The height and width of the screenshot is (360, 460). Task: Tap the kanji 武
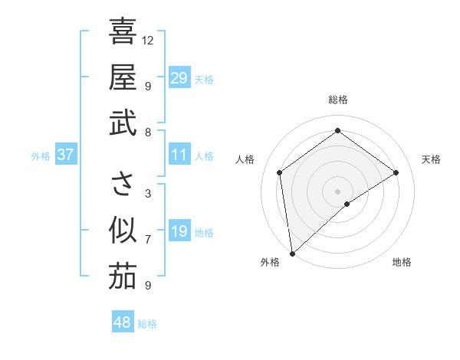(x=123, y=123)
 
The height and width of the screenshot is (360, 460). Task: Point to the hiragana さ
(x=123, y=184)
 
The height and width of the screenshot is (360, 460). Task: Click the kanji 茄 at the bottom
(x=123, y=277)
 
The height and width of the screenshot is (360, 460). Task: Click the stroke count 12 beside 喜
(x=148, y=40)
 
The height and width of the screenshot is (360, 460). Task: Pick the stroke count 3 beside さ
(x=148, y=193)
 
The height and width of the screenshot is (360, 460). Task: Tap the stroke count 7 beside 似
(x=148, y=239)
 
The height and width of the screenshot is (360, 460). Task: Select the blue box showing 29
(x=179, y=78)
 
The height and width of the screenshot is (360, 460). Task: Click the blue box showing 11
(x=179, y=155)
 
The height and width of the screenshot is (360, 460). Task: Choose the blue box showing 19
(x=179, y=231)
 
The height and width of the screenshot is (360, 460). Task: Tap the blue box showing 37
(x=65, y=155)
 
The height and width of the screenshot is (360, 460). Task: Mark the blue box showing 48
(x=122, y=322)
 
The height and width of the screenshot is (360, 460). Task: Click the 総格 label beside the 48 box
(x=147, y=324)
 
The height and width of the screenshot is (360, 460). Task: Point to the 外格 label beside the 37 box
(x=41, y=156)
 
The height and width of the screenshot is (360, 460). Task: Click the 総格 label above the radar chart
(x=338, y=100)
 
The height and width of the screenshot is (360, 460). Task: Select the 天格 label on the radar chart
(x=432, y=159)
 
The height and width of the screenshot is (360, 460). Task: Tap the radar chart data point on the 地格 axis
(x=347, y=204)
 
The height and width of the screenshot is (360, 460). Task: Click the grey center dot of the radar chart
(x=337, y=190)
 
